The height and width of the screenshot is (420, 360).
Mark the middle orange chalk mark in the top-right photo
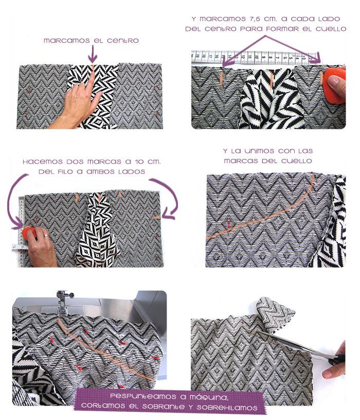tap(271, 78)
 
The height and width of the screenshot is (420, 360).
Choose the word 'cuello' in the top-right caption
tap(333, 29)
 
